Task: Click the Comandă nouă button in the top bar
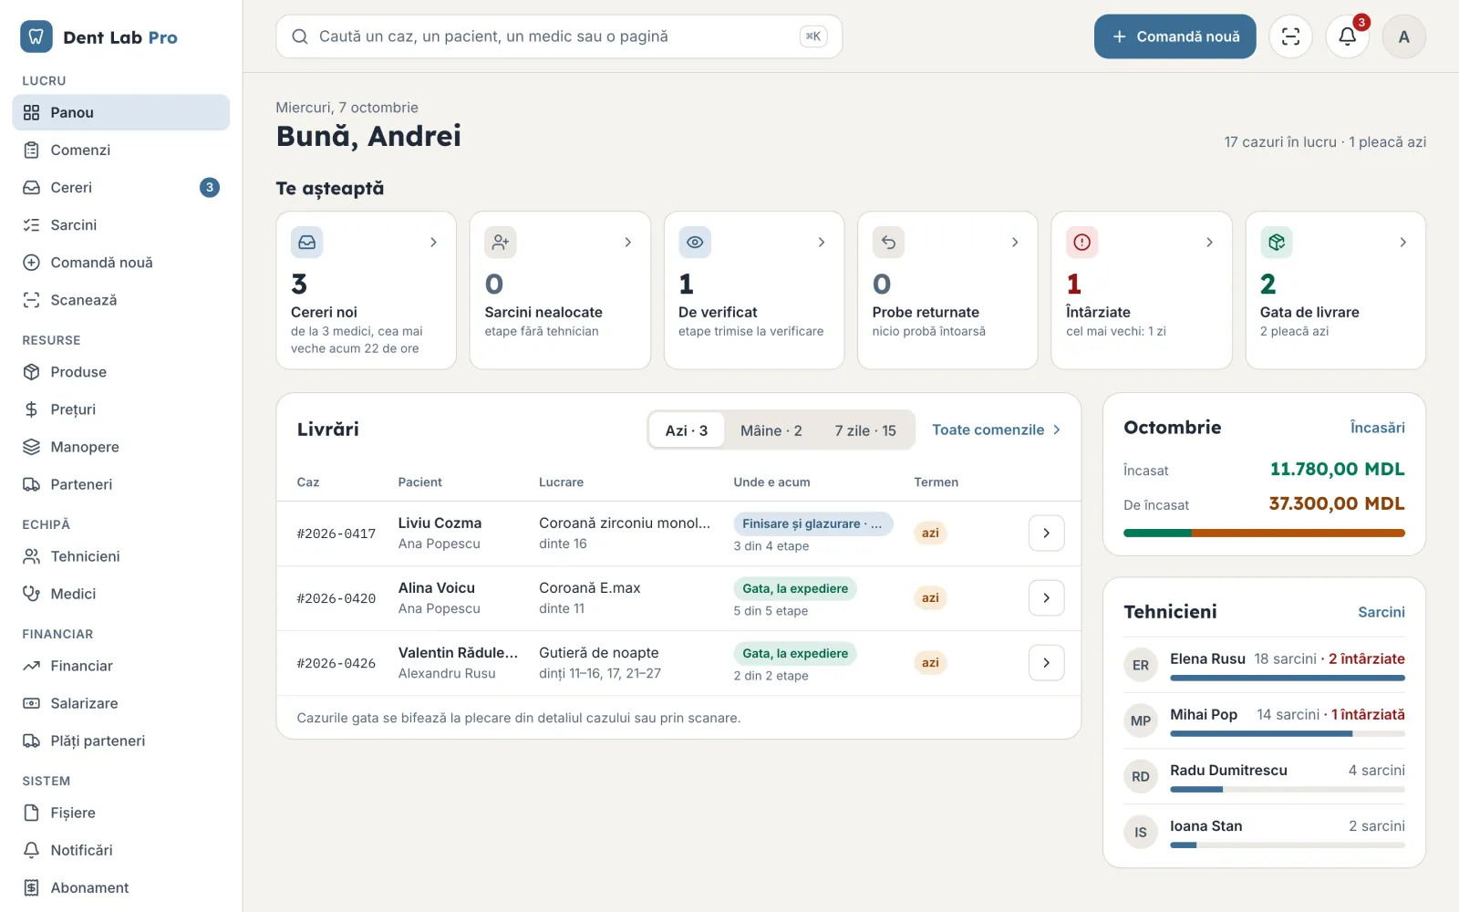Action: [1174, 36]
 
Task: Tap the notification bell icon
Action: [1347, 36]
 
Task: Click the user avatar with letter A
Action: [1403, 36]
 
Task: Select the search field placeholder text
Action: [493, 36]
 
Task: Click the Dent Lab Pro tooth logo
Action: [36, 36]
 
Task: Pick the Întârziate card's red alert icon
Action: [1081, 243]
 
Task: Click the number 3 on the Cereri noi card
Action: [299, 284]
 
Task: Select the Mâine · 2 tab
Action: [771, 430]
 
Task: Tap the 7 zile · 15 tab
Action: [865, 430]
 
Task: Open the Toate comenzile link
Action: [996, 430]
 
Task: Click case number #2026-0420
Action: [336, 598]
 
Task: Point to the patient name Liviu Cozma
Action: [440, 523]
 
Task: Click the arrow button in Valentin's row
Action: [1046, 662]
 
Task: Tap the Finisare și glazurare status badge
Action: [812, 523]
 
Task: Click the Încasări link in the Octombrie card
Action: [1377, 428]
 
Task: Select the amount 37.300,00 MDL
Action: [1337, 503]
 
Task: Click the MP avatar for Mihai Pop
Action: [1140, 720]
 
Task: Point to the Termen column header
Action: [936, 482]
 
